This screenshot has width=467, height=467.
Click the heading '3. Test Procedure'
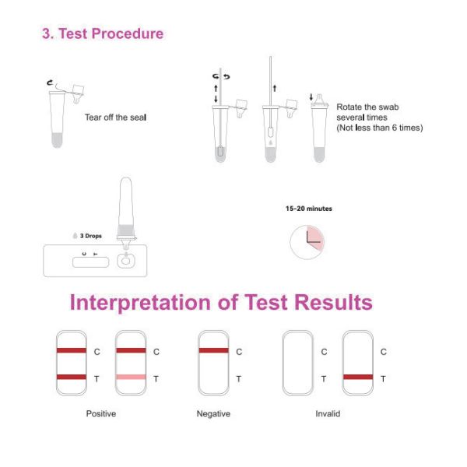(x=103, y=34)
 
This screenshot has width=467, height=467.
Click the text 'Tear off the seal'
(x=115, y=118)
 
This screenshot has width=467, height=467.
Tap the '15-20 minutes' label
(x=309, y=209)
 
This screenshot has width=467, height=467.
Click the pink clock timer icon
(x=307, y=243)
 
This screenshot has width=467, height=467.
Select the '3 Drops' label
(x=86, y=235)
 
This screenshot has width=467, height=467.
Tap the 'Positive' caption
(x=100, y=413)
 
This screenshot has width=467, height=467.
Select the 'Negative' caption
(x=213, y=413)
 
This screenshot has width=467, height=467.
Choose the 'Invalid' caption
(x=328, y=413)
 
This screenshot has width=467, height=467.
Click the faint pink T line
(x=131, y=377)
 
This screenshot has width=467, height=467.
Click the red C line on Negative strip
(x=213, y=351)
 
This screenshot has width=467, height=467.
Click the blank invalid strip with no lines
(x=297, y=363)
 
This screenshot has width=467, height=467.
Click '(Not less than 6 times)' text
(x=379, y=128)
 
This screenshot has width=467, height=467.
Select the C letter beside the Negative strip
(x=238, y=351)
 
